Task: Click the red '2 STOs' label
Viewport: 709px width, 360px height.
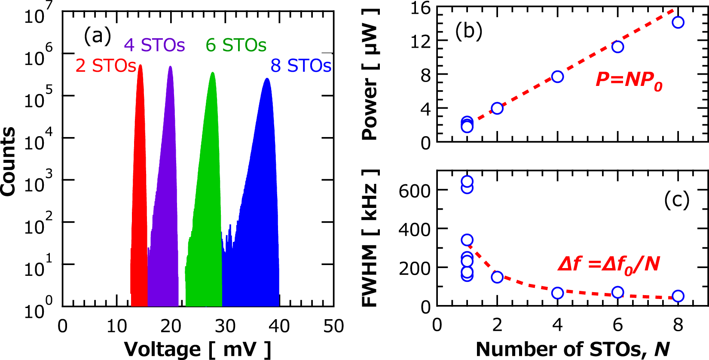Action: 106,66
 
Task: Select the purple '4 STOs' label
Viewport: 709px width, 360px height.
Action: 154,45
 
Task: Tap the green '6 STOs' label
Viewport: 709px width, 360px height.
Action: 236,45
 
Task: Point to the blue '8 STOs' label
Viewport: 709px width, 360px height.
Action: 301,66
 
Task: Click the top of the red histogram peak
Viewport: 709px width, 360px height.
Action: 140,66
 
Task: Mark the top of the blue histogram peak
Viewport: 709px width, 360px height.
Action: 267,79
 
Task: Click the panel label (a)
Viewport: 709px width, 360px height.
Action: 97,35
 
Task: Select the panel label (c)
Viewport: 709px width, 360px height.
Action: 676,199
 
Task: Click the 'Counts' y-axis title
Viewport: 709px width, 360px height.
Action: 9,162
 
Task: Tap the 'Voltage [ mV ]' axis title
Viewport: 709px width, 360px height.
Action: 198,349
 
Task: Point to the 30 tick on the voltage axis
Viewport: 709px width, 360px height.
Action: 225,326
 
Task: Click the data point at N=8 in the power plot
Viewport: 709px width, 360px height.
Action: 678,22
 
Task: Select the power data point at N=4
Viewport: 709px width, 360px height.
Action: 557,77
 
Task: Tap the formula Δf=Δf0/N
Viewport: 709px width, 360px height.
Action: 608,264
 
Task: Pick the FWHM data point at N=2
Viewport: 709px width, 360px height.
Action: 497,277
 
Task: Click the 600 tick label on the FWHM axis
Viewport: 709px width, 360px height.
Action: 414,191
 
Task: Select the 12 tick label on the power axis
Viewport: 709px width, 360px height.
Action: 421,42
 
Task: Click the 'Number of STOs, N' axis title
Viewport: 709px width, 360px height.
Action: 573,349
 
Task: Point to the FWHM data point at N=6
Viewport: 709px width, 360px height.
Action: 617,293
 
